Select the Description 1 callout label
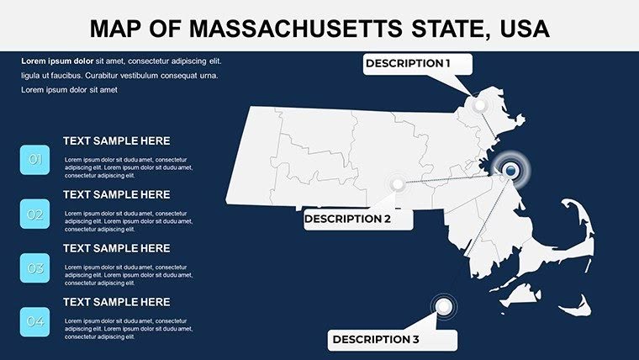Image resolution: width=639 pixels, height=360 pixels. pyautogui.click(x=408, y=63)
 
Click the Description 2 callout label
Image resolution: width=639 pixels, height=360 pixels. pyautogui.click(x=347, y=219)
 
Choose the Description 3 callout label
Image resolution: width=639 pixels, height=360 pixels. pyautogui.click(x=376, y=340)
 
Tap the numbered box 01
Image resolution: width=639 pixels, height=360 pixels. pyautogui.click(x=35, y=160)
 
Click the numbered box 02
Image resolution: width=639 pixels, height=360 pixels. pyautogui.click(x=35, y=214)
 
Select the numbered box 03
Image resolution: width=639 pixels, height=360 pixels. pyautogui.click(x=35, y=269)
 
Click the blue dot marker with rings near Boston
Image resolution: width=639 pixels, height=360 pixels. pyautogui.click(x=510, y=172)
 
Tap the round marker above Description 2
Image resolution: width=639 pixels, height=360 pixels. pyautogui.click(x=397, y=183)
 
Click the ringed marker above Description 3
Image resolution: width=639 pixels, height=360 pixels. pyautogui.click(x=443, y=306)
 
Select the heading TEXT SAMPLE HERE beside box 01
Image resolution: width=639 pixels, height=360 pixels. pyautogui.click(x=116, y=141)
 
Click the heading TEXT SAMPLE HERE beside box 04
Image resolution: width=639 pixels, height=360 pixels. pyautogui.click(x=116, y=302)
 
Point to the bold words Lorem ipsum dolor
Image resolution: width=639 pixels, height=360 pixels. pyautogui.click(x=57, y=61)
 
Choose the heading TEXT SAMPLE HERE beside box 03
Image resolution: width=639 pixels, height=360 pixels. pyautogui.click(x=116, y=248)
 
